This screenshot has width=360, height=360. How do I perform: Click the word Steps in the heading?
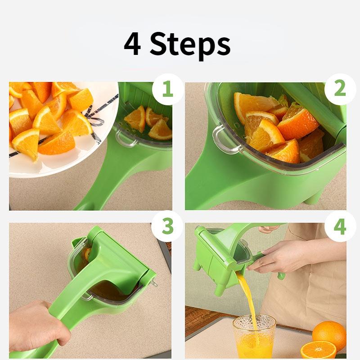(x=190, y=44)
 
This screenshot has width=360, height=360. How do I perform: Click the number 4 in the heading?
(x=132, y=44)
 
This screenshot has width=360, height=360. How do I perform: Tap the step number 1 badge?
(x=167, y=89)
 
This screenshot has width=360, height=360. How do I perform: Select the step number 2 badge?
(x=340, y=89)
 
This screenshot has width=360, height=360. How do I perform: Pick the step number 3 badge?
(x=167, y=227)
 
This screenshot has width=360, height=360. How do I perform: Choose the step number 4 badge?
(x=340, y=227)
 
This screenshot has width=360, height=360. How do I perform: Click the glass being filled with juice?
(x=254, y=337)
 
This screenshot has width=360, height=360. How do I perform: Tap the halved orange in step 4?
(x=318, y=350)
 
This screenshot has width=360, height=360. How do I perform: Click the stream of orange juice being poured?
(x=249, y=297)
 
